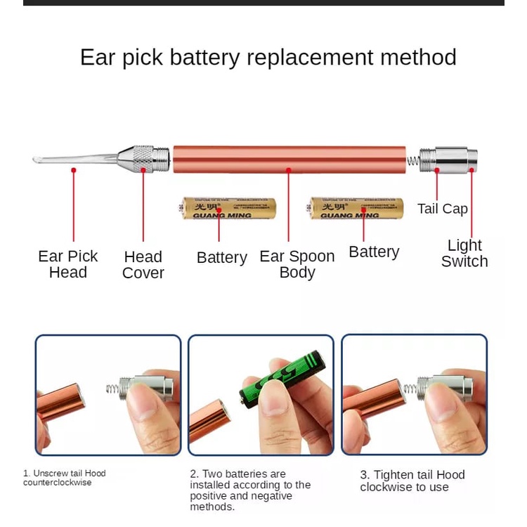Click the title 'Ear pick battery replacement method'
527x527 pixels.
[x=268, y=57]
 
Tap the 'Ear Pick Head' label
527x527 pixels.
[x=67, y=264]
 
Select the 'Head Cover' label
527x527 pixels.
[x=143, y=265]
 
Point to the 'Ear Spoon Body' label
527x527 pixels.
[x=297, y=264]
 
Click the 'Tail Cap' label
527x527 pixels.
[x=442, y=209]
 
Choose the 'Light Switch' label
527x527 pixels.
[x=464, y=254]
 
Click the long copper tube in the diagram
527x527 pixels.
[x=289, y=160]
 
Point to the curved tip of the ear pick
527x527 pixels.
[x=39, y=160]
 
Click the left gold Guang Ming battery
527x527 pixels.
[x=228, y=208]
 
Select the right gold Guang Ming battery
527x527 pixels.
[x=356, y=208]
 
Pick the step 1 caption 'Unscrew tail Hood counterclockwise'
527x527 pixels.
[x=64, y=478]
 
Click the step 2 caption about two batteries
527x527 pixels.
[x=250, y=490]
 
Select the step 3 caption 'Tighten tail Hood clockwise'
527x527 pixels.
[x=412, y=481]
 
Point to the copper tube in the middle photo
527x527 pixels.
[x=209, y=419]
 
